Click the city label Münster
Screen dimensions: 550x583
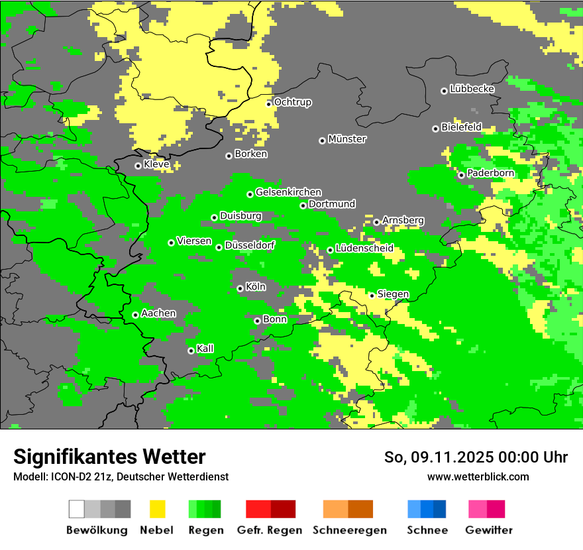(347, 139)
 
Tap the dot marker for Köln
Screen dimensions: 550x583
(240, 288)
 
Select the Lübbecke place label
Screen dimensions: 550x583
(472, 89)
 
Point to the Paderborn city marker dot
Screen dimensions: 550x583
(461, 175)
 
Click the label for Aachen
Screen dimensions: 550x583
(158, 313)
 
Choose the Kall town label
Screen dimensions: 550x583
(205, 349)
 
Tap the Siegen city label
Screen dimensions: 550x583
(393, 294)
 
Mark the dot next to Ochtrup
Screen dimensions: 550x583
(268, 104)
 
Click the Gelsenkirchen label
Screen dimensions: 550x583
(288, 192)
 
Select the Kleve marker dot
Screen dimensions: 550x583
(138, 166)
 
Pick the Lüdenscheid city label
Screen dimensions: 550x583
(364, 248)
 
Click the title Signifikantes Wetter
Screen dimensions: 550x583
(109, 457)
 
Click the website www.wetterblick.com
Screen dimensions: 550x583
(478, 477)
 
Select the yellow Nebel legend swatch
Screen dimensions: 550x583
(157, 509)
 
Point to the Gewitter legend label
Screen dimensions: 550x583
(488, 530)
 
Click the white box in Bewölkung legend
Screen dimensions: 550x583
(77, 509)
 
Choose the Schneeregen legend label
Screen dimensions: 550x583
(348, 530)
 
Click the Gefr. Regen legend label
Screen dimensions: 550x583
(270, 530)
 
